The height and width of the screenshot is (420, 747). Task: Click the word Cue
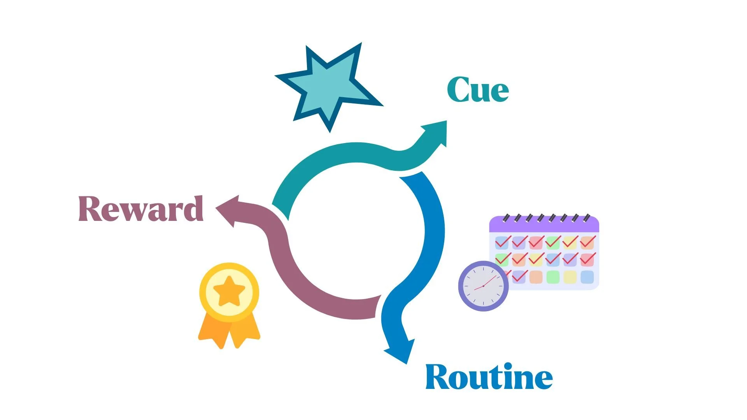(x=478, y=90)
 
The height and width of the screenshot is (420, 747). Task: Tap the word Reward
(x=141, y=209)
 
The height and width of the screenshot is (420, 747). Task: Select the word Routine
(x=489, y=377)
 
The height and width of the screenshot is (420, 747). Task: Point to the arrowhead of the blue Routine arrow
(x=401, y=352)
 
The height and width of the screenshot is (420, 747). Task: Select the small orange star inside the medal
(x=229, y=292)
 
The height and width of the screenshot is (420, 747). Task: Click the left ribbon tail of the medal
(x=213, y=330)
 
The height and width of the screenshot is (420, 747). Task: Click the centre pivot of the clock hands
(x=483, y=286)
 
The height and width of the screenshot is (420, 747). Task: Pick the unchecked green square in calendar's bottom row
(x=553, y=277)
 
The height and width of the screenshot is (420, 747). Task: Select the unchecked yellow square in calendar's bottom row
(x=570, y=277)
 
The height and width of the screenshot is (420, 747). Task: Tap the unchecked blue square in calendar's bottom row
(x=587, y=277)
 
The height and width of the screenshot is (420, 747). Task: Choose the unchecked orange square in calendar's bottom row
(x=536, y=277)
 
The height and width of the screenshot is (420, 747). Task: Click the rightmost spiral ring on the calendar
(x=587, y=217)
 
